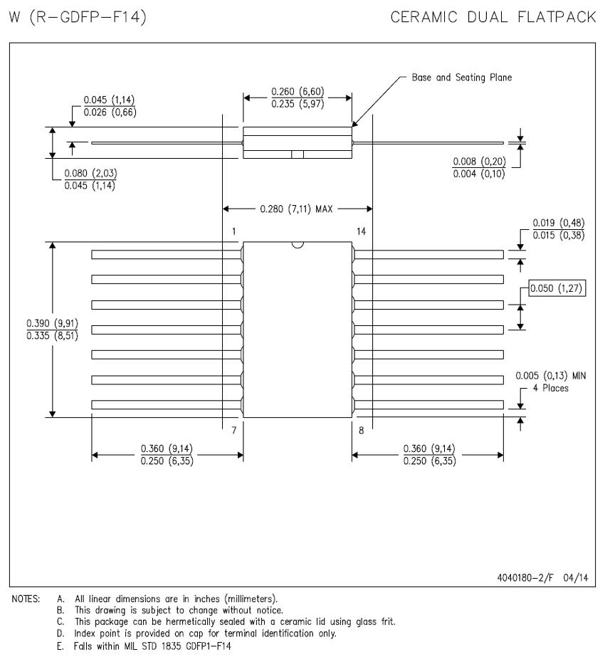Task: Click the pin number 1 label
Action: [x=233, y=231]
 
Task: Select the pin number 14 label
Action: [x=361, y=231]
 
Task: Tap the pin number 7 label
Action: [x=234, y=430]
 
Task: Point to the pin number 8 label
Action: [x=361, y=430]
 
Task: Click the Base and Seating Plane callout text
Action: [x=462, y=78]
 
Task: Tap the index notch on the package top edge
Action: [x=297, y=245]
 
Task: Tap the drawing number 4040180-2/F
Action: [x=525, y=578]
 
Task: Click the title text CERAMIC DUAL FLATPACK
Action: [x=493, y=17]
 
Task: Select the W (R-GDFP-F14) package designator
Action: [x=78, y=17]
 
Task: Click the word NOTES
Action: [x=26, y=599]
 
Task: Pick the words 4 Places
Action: [x=550, y=389]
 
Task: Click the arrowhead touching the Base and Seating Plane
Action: [x=354, y=124]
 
